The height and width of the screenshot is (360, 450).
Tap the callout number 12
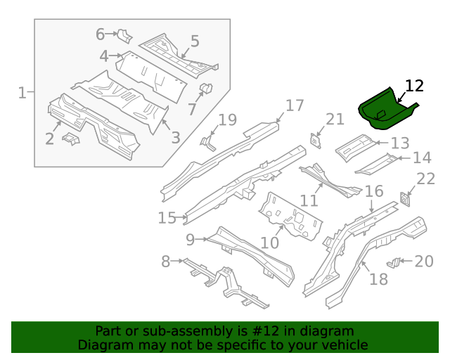(415, 86)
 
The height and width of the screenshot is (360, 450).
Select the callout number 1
(22, 92)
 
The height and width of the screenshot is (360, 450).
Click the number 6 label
(100, 34)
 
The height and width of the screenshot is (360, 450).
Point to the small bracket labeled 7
(206, 89)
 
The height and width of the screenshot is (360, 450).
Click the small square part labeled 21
(316, 140)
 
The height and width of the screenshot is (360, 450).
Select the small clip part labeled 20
(395, 262)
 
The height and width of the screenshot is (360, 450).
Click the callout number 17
(294, 105)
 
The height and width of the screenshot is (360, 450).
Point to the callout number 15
(167, 218)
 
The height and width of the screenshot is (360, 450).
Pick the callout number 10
(270, 243)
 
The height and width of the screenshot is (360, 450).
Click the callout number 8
(166, 262)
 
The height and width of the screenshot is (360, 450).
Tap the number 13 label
(399, 143)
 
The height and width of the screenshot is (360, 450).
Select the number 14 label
(422, 157)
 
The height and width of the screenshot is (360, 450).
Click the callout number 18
(378, 279)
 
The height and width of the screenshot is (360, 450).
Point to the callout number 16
(373, 191)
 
